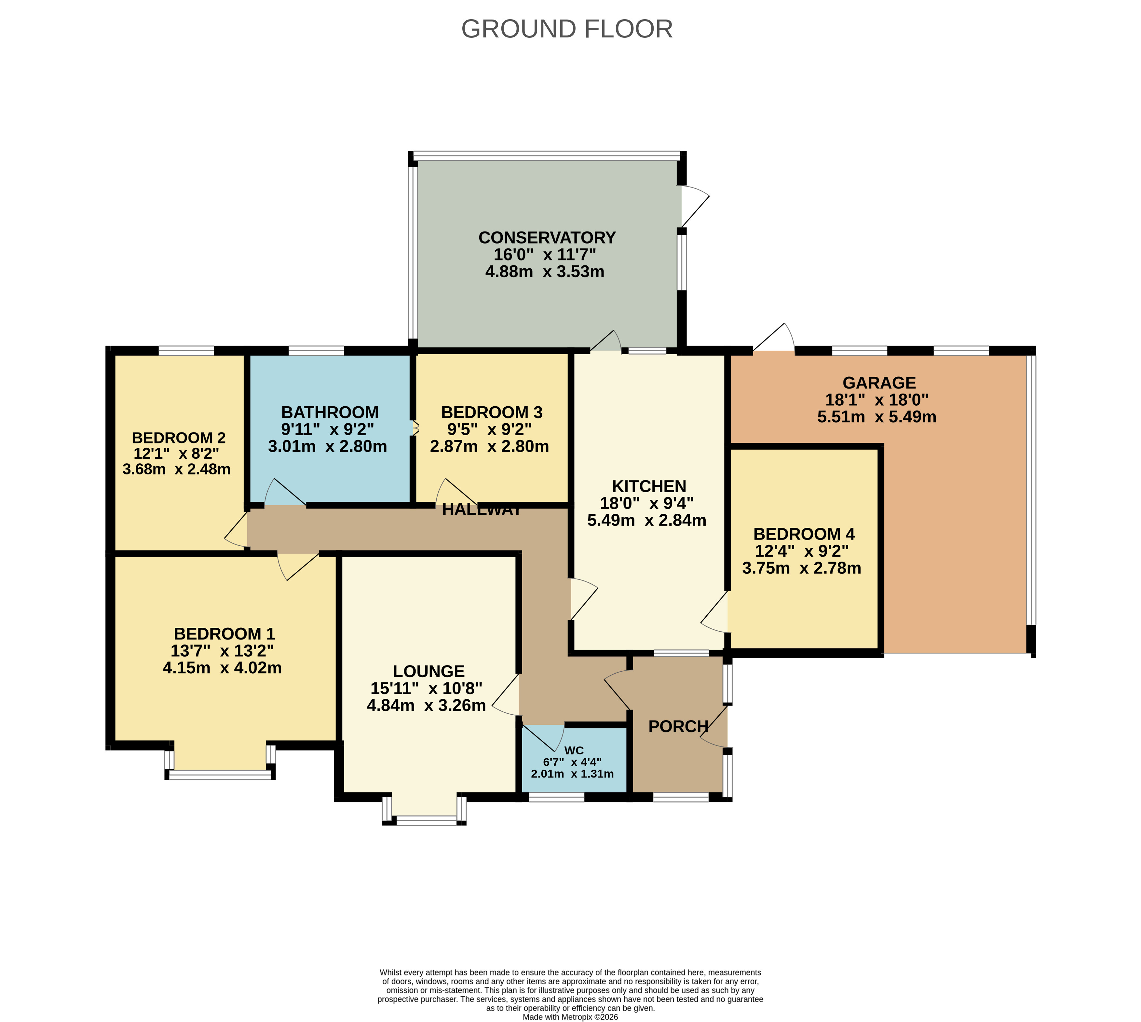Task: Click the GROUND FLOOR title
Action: tap(566, 29)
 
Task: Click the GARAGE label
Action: tap(879, 383)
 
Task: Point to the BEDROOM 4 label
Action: tap(804, 534)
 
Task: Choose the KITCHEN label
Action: tap(649, 486)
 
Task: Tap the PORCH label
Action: tap(678, 727)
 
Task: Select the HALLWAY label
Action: tap(482, 510)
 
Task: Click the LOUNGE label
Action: tap(429, 672)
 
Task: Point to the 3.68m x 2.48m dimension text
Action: tap(176, 469)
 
